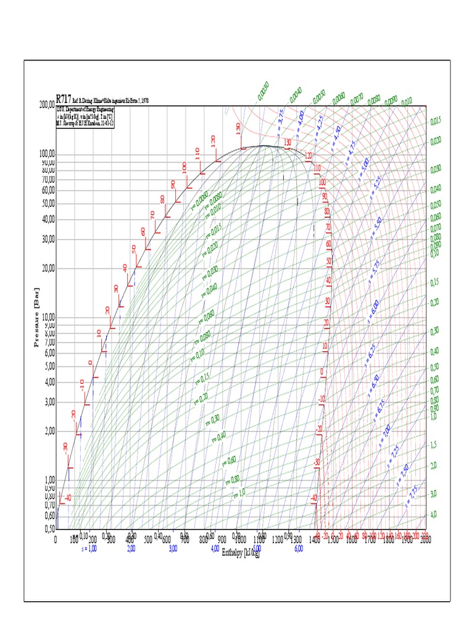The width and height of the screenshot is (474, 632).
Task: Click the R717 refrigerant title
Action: tap(64, 98)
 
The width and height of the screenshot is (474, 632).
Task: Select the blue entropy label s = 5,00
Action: tap(365, 165)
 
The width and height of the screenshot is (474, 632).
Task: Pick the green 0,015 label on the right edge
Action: tap(436, 121)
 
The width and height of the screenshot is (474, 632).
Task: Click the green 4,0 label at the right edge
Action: tap(434, 514)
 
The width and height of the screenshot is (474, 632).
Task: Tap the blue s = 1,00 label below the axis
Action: tap(89, 548)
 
